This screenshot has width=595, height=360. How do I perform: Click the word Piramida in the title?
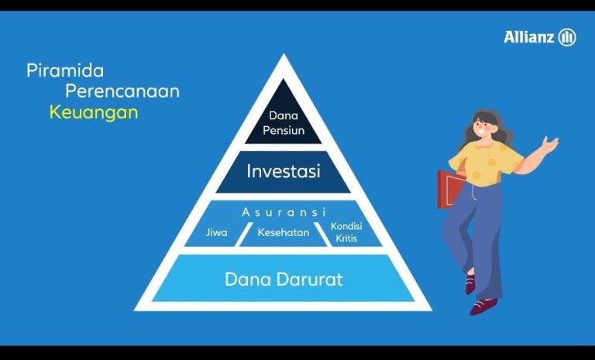click(x=65, y=71)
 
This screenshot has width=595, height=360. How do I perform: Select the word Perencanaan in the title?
click(x=122, y=91)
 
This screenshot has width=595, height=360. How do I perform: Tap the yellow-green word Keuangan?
click(x=94, y=113)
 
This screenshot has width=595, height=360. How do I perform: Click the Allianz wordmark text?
click(x=529, y=37)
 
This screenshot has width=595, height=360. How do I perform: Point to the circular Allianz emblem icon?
click(x=567, y=37)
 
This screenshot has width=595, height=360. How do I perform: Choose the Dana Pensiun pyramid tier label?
click(x=284, y=123)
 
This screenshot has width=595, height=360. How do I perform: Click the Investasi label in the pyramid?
click(x=284, y=171)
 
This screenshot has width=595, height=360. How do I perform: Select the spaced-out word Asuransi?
click(x=284, y=212)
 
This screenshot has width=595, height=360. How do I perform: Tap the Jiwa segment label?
click(x=217, y=232)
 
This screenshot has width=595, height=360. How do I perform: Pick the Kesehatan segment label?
click(x=284, y=232)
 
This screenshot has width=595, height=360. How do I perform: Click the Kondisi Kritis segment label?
click(x=346, y=231)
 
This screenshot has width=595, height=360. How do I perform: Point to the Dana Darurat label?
click(x=284, y=279)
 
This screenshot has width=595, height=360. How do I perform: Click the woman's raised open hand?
click(x=550, y=144)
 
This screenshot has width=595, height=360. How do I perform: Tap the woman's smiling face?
click(x=483, y=126)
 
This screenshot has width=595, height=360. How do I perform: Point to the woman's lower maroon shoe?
click(x=483, y=307)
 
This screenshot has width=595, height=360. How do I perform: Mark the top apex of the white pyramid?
click(x=284, y=54)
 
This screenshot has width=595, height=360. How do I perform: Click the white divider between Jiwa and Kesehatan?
click(x=244, y=235)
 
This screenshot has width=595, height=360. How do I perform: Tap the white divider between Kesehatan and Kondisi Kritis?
click(x=323, y=235)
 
